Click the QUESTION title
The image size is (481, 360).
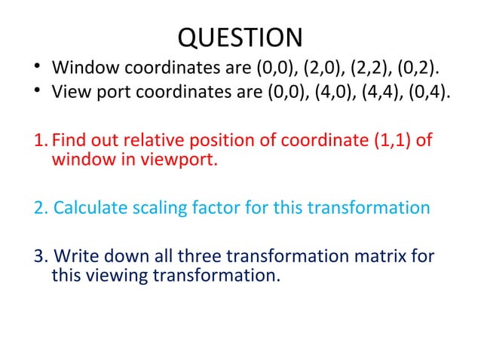coord(240,37)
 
